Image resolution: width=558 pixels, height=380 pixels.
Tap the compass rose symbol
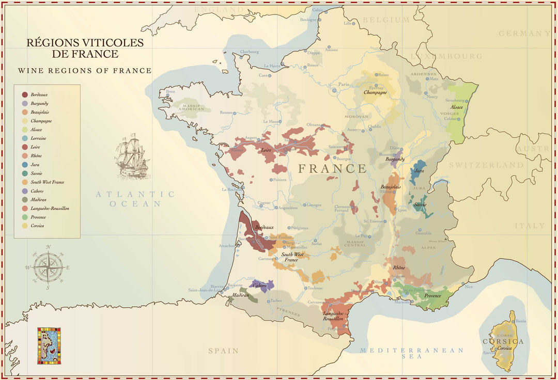[48, 267]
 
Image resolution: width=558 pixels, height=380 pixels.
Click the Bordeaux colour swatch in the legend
[25, 94]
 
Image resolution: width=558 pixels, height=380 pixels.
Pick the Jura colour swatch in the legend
[25, 165]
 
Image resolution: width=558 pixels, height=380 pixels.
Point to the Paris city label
[343, 84]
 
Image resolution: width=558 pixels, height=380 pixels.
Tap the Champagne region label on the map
[375, 92]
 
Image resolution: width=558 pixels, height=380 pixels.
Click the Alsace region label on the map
[456, 107]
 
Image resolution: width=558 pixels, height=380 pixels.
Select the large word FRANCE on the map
[332, 169]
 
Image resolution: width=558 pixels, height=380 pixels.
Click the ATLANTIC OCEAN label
[135, 199]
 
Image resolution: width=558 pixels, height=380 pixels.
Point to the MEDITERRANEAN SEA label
[412, 353]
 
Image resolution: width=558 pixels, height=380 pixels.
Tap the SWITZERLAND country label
[486, 165]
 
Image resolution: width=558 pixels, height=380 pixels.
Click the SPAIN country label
[223, 351]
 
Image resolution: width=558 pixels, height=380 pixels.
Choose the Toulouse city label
[315, 288]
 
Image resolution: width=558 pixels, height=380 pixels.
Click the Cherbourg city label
[249, 52]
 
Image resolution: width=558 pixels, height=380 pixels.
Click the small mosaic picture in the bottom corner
[49, 345]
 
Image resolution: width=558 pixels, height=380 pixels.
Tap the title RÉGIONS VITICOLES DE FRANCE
[85, 48]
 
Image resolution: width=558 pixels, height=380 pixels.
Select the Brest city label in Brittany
[171, 91]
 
